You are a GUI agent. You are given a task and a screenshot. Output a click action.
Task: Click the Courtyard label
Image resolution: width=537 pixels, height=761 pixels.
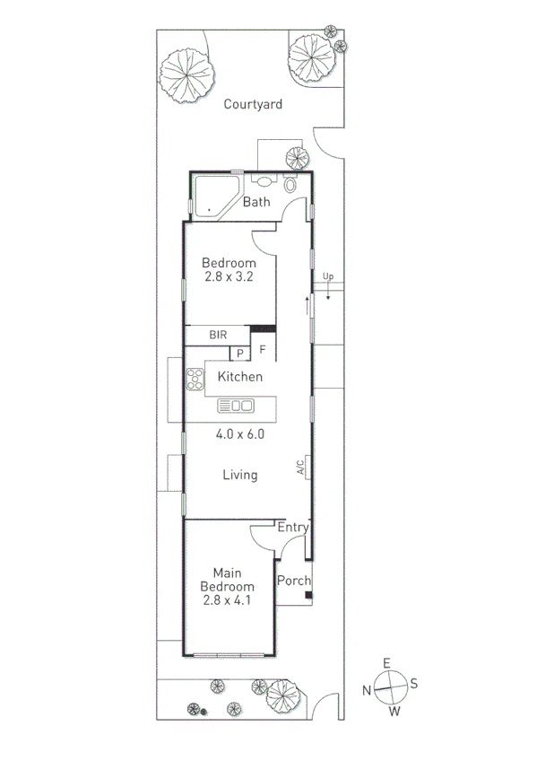pyautogui.click(x=253, y=104)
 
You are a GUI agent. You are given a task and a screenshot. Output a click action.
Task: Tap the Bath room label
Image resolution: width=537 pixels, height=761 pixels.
pyautogui.click(x=256, y=202)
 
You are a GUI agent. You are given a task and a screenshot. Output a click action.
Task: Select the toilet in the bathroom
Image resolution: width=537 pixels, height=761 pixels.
pyautogui.click(x=290, y=185)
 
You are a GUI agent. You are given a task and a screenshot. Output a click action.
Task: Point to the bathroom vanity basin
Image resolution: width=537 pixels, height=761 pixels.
pyautogui.click(x=261, y=179)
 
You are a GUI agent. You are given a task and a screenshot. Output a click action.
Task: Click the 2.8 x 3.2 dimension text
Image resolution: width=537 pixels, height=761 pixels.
pyautogui.click(x=228, y=276)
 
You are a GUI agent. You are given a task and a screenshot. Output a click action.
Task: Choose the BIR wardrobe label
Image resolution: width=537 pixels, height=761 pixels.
pyautogui.click(x=218, y=335)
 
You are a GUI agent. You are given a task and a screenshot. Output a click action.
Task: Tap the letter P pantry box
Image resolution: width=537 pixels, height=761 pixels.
pyautogui.click(x=240, y=353)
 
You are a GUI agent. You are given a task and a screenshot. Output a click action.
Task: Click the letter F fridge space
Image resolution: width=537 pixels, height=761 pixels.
pyautogui.click(x=263, y=349)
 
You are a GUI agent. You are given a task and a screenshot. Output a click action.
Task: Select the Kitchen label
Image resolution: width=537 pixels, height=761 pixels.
pyautogui.click(x=241, y=377)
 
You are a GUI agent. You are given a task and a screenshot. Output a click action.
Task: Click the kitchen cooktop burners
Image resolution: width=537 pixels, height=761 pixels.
pyautogui.click(x=195, y=380)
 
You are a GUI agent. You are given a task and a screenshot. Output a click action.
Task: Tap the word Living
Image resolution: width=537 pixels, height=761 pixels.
pyautogui.click(x=240, y=475)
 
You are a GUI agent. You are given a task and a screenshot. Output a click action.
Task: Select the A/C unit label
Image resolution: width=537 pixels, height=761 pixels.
pyautogui.click(x=301, y=468)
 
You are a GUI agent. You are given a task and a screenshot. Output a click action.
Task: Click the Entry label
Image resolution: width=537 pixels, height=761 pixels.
pyautogui.click(x=292, y=528)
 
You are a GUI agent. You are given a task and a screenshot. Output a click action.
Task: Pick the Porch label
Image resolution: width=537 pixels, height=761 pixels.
pyautogui.click(x=293, y=581)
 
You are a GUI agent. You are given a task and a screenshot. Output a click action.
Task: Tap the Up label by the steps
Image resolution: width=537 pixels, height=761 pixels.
pyautogui.click(x=328, y=276)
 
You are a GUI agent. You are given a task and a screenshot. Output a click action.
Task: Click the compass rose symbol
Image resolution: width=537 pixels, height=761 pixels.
pyautogui.click(x=390, y=688)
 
